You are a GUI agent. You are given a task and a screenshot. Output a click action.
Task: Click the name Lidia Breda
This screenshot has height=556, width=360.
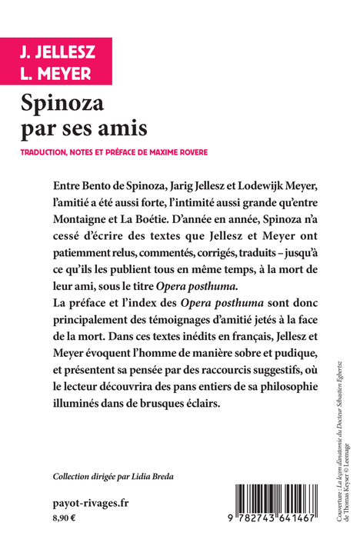point(158,476)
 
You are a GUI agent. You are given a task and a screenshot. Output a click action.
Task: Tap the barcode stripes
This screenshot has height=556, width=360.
point(269,499)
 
